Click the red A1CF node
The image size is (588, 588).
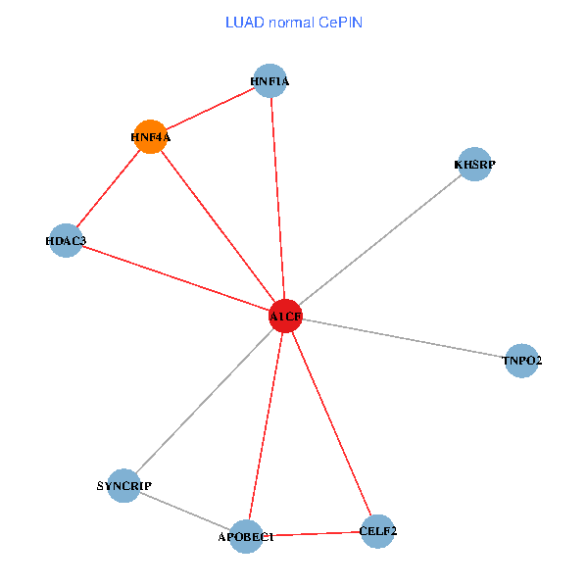(284, 317)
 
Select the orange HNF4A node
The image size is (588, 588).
(149, 137)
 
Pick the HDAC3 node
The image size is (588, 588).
(67, 240)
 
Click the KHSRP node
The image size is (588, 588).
(474, 165)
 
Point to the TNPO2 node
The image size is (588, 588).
(521, 361)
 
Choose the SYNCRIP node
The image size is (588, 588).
(124, 486)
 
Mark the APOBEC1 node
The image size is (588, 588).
(246, 536)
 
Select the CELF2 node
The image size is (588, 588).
(377, 531)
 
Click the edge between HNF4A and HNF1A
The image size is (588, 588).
(210, 110)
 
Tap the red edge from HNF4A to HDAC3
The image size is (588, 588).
(108, 189)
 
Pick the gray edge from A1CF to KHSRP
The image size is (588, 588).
(379, 240)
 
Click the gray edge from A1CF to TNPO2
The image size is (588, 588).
(403, 338)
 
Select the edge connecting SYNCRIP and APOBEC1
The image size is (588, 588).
(185, 511)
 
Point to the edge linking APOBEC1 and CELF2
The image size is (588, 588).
(312, 534)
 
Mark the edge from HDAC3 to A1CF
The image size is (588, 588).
(175, 278)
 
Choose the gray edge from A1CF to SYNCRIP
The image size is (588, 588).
(204, 402)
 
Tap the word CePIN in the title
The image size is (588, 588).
(339, 23)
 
